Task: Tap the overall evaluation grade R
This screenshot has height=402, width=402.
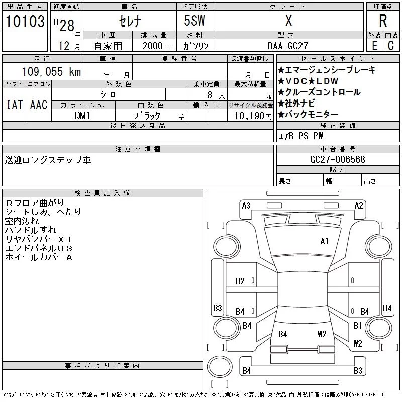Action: pyautogui.click(x=382, y=21)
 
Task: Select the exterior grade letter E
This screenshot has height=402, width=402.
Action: pyautogui.click(x=374, y=45)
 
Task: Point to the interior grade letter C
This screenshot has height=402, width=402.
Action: pyautogui.click(x=390, y=45)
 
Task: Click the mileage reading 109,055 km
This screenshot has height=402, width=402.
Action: pyautogui.click(x=51, y=72)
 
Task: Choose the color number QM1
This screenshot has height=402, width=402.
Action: pyautogui.click(x=83, y=116)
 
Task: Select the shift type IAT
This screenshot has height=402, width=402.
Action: pyautogui.click(x=14, y=105)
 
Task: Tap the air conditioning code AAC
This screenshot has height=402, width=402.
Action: pyautogui.click(x=39, y=105)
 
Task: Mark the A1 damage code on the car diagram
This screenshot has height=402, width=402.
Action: pyautogui.click(x=324, y=241)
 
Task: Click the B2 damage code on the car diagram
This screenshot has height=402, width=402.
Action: pyautogui.click(x=240, y=281)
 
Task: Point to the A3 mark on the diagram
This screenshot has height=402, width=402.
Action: pyautogui.click(x=246, y=205)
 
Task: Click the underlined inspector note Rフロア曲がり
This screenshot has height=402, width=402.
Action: pyautogui.click(x=35, y=203)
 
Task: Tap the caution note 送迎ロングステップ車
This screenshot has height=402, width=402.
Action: pyautogui.click(x=48, y=160)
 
